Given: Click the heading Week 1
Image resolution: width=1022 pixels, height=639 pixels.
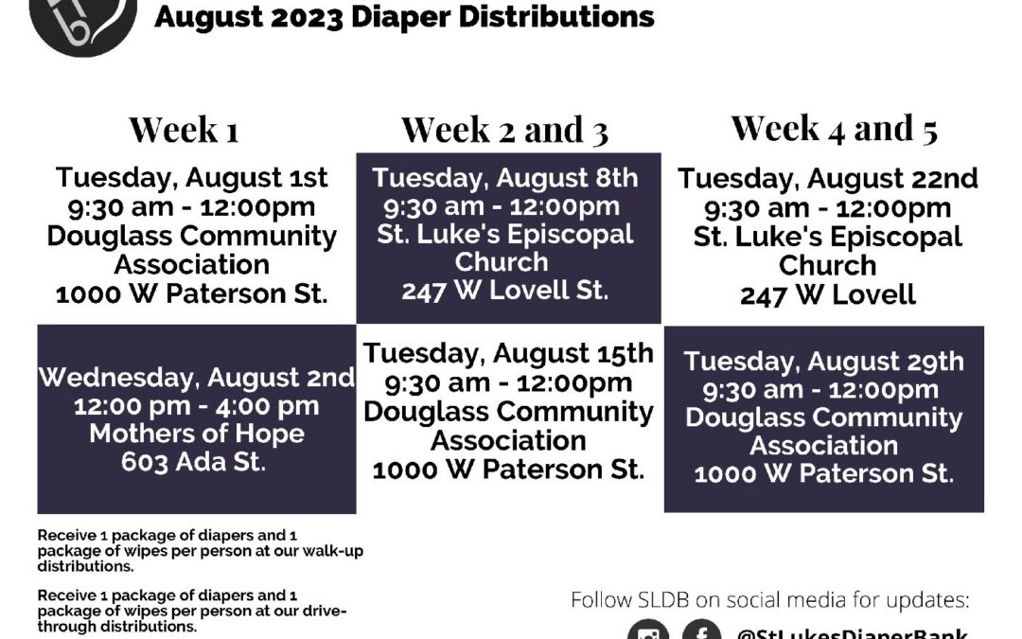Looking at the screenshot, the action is (x=184, y=129).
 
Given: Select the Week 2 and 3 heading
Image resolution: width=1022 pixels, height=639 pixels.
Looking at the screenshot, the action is (x=505, y=130).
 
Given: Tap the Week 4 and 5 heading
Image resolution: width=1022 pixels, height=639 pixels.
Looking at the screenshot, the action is (x=835, y=128).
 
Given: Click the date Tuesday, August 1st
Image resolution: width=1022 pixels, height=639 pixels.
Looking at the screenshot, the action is (x=191, y=177).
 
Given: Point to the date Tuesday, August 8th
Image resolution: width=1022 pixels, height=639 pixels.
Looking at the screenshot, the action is (x=505, y=178).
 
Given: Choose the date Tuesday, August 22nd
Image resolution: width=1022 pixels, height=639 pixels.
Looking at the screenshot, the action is (x=828, y=179).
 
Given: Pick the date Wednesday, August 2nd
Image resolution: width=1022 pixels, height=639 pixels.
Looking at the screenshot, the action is (x=196, y=378).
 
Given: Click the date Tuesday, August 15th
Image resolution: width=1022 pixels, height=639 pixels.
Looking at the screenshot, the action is (x=508, y=353).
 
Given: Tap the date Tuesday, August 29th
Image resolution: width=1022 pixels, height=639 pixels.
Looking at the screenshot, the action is (x=824, y=362).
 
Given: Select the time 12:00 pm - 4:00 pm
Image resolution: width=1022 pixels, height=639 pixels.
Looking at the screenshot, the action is (x=196, y=406).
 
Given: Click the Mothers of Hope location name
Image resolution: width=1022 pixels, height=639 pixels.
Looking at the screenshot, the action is (x=197, y=434).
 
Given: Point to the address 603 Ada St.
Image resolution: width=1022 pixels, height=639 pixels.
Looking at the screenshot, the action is (x=194, y=462).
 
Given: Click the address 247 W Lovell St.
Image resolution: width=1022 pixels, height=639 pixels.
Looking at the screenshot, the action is (x=505, y=291).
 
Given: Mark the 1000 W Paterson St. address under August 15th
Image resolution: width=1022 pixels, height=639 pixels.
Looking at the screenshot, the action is (x=508, y=470).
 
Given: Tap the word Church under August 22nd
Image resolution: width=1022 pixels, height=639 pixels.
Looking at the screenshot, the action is (x=828, y=265).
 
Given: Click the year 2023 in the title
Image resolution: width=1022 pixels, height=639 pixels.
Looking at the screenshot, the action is (x=307, y=18).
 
